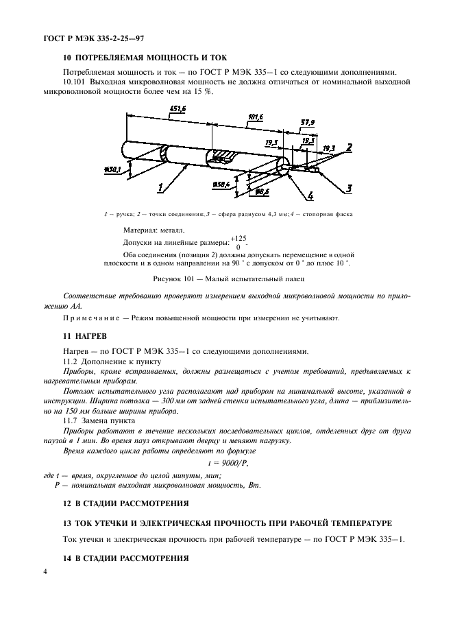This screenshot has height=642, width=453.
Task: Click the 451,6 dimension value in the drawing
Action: point(177,109)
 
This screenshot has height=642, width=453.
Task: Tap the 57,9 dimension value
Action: point(308,122)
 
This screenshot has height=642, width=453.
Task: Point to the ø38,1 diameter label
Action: point(112,169)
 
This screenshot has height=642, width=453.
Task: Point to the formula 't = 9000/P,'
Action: point(226,463)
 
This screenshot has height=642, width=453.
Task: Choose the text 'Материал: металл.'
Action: point(154,230)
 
